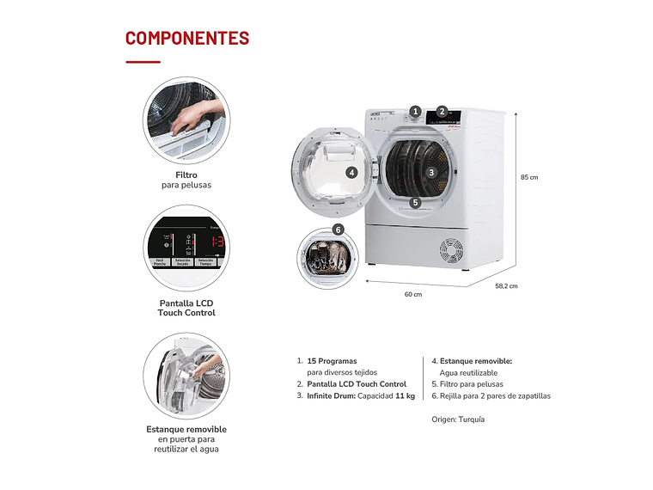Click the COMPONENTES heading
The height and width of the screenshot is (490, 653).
(187, 39)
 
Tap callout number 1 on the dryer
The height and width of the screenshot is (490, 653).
(415, 111)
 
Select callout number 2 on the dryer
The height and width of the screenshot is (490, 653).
(442, 111)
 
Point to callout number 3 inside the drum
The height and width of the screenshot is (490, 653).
(431, 172)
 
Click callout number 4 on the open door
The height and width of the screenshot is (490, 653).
(351, 172)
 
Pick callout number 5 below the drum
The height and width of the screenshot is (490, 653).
(415, 203)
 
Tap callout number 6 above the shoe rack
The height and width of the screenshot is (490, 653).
(338, 230)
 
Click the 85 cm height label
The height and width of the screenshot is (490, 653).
(528, 177)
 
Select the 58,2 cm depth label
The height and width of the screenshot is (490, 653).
(507, 285)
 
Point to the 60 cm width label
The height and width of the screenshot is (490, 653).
(413, 294)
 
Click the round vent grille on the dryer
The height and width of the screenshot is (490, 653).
(451, 250)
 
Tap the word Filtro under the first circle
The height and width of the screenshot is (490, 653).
(186, 175)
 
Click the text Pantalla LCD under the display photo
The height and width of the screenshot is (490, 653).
(186, 303)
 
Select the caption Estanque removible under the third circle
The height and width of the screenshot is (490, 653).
(186, 429)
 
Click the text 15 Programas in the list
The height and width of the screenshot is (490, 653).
(332, 361)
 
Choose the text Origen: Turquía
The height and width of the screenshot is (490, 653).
(458, 420)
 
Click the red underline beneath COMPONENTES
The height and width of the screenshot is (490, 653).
(143, 62)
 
